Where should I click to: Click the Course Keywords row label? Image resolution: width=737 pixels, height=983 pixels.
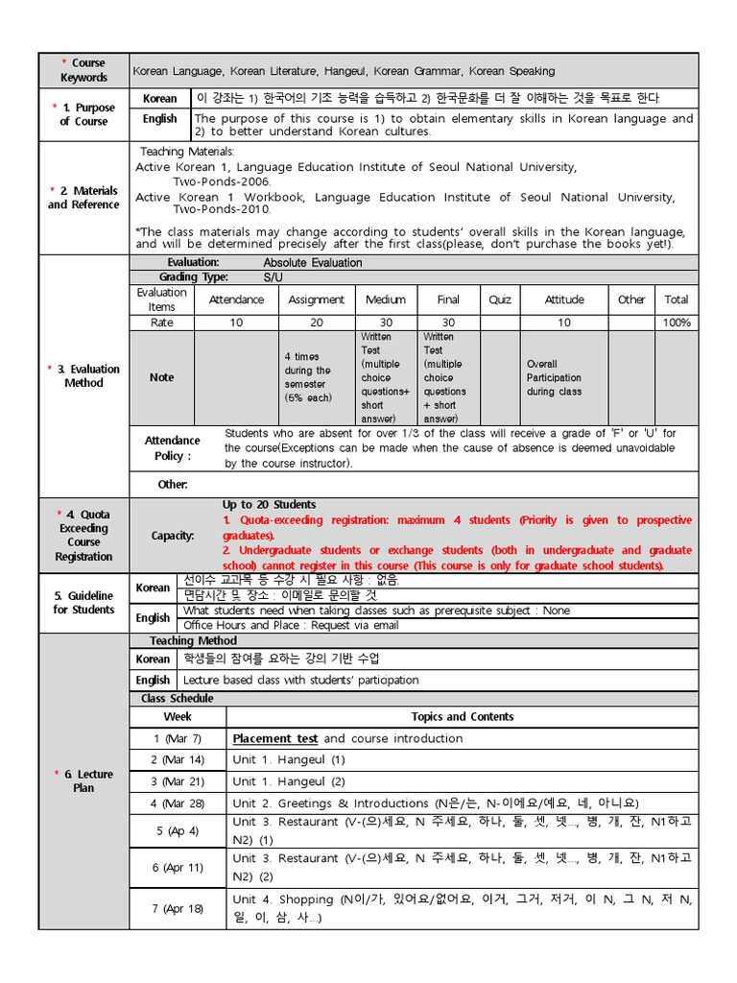(x=83, y=70)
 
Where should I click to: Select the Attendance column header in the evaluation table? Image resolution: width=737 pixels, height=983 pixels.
(x=236, y=300)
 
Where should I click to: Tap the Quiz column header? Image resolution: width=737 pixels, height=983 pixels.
(x=500, y=300)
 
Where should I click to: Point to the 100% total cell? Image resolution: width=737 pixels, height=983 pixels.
(x=676, y=323)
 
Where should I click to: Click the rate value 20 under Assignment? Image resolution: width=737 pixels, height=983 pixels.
(x=317, y=323)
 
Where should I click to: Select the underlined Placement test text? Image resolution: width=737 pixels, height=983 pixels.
(x=275, y=738)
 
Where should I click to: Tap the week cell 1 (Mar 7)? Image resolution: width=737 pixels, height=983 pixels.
(x=178, y=738)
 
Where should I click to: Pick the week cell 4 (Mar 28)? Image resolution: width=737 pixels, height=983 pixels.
(x=178, y=803)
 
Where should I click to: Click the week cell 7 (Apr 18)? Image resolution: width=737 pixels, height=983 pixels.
(x=178, y=908)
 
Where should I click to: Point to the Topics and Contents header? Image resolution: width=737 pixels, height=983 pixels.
(x=462, y=716)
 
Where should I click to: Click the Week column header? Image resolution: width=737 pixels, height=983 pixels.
(x=178, y=716)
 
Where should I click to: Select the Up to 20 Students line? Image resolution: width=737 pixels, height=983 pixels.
(x=269, y=505)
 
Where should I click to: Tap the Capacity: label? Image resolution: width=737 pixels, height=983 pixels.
(x=173, y=536)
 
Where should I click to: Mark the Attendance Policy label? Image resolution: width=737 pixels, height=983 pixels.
(x=173, y=448)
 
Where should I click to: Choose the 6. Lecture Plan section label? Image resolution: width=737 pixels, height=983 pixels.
(x=83, y=780)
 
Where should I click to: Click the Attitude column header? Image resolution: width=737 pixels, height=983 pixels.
(x=563, y=300)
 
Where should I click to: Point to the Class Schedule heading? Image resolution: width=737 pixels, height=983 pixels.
(x=178, y=698)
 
